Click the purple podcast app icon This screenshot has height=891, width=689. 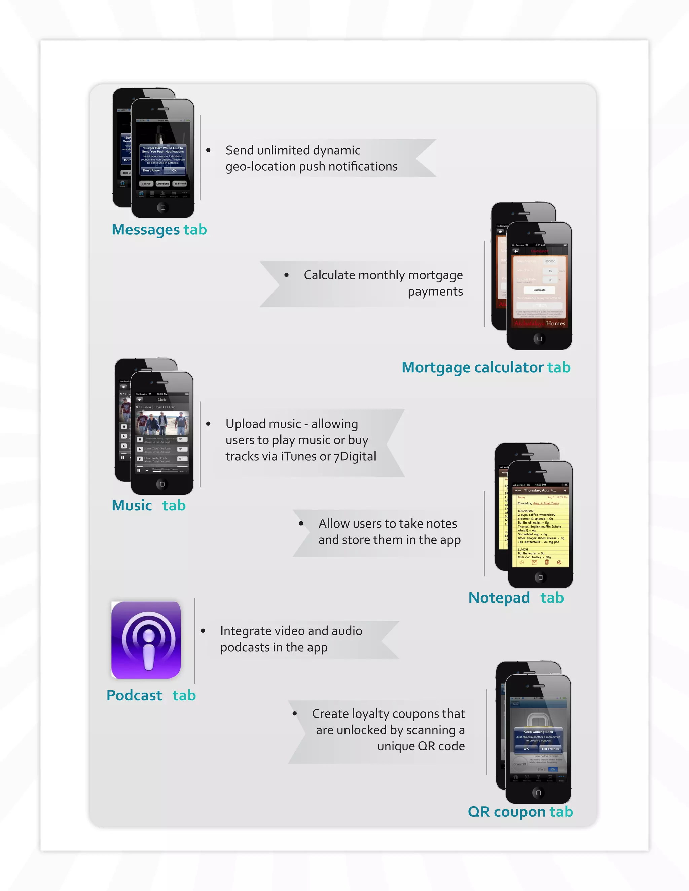coord(146,640)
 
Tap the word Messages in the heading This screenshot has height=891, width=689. coord(146,230)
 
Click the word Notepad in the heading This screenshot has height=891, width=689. coord(499,598)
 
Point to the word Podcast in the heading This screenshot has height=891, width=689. coord(134,695)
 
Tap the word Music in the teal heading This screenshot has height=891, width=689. coord(132,505)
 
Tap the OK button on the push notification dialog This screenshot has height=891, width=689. coord(174,170)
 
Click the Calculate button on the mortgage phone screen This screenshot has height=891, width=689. coord(539,290)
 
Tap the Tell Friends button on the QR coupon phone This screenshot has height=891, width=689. coord(550,749)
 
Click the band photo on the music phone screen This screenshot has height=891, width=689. coord(162,423)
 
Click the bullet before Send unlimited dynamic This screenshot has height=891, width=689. coord(208,150)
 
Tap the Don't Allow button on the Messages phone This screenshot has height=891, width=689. coord(151,170)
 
